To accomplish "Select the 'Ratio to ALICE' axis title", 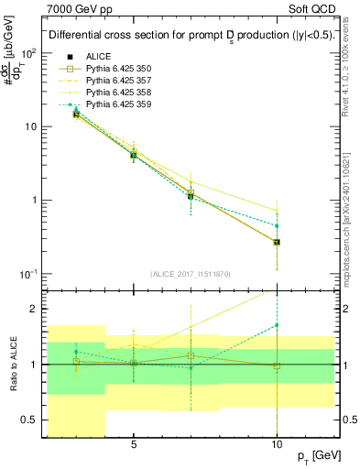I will pos(12,364).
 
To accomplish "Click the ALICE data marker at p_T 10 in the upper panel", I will pos(277,242).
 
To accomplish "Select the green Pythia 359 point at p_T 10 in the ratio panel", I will pos(277,325).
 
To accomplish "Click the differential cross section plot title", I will pos(190,35).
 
